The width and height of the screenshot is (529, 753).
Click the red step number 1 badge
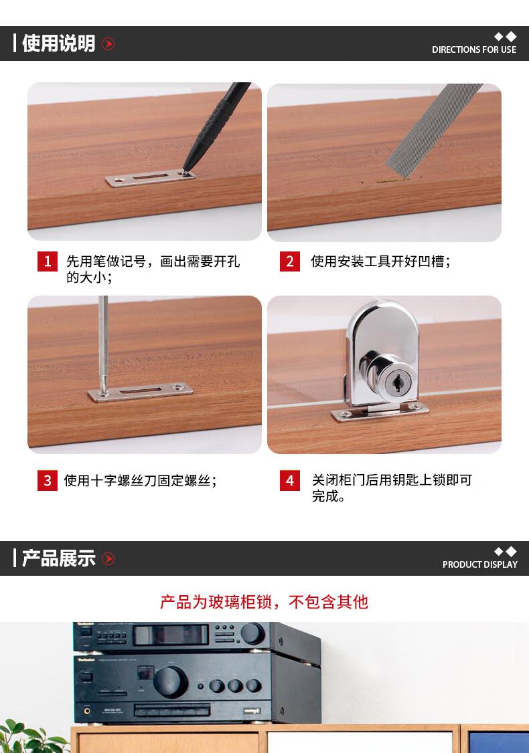[x=48, y=261]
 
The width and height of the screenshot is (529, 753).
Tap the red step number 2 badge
[x=290, y=261]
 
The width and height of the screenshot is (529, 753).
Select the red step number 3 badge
[x=48, y=480]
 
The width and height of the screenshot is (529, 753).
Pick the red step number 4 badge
[x=290, y=480]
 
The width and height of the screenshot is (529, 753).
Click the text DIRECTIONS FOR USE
[x=474, y=49]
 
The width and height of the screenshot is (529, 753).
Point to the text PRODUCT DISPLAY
[x=480, y=564]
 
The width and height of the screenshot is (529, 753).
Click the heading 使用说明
[x=59, y=43]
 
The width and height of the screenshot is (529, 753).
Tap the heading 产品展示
[x=59, y=558]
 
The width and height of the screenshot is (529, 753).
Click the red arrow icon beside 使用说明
[x=108, y=43]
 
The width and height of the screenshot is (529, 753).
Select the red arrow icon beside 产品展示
[x=108, y=558]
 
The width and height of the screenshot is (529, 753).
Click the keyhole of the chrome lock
[x=397, y=383]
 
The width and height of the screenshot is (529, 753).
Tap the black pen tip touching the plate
[x=184, y=171]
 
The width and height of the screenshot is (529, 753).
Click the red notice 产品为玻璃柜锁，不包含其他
[x=264, y=601]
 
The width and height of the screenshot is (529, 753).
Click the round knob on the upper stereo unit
[x=253, y=633]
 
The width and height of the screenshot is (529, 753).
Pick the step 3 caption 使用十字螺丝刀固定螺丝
[x=140, y=480]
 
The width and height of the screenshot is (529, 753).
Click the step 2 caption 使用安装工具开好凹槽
[x=380, y=261]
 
